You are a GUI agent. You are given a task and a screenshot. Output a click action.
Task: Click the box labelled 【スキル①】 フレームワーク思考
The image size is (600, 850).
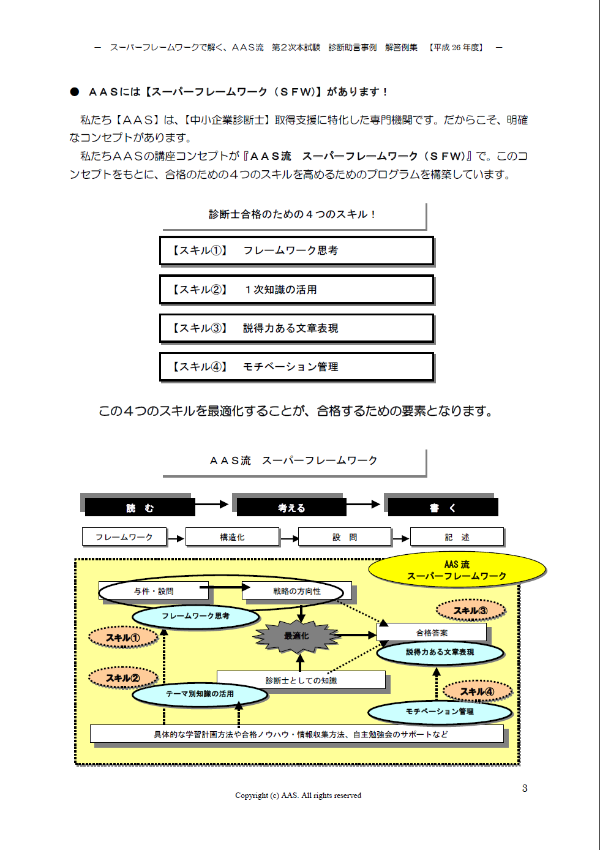(296, 250)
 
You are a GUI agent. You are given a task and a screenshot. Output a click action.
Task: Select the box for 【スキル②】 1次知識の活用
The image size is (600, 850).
(296, 290)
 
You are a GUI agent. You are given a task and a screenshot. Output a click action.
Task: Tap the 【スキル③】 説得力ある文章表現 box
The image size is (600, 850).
(296, 328)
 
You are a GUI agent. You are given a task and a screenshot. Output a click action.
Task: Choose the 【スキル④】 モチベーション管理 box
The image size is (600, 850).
(296, 367)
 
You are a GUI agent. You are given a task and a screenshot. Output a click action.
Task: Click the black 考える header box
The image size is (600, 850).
(291, 507)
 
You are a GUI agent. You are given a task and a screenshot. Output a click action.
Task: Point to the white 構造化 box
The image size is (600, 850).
(232, 537)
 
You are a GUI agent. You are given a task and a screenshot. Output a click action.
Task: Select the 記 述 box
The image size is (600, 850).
(457, 537)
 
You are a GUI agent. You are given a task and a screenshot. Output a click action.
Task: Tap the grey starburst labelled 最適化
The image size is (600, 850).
(296, 636)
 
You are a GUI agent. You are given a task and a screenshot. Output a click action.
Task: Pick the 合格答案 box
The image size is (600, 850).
(432, 632)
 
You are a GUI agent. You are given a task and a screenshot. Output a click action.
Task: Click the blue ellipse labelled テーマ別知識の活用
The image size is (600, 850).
(200, 694)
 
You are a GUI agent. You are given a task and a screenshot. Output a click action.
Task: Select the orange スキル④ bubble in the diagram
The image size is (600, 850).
(477, 691)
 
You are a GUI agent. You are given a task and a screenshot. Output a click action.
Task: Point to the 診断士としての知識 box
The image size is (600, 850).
(301, 680)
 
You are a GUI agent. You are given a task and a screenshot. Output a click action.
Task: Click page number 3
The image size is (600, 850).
(525, 788)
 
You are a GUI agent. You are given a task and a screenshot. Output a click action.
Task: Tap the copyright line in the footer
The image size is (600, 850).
(298, 795)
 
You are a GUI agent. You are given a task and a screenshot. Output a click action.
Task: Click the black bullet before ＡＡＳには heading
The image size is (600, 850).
(75, 92)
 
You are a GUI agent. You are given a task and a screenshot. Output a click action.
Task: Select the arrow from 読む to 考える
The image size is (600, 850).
(212, 505)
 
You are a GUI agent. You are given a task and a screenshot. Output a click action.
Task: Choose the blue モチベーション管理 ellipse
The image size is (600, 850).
(440, 712)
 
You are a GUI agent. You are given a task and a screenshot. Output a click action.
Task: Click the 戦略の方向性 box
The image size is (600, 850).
(297, 591)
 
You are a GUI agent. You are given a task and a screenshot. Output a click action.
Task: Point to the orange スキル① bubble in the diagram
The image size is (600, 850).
(123, 637)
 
